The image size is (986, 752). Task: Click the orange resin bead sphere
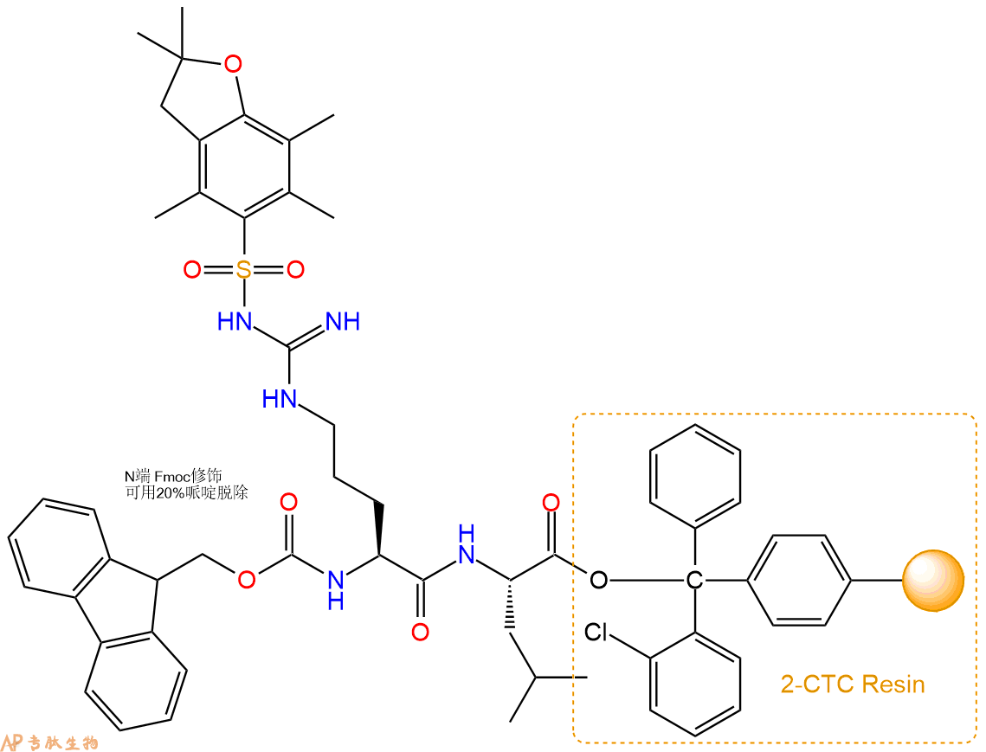(933, 581)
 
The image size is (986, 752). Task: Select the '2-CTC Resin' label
(853, 684)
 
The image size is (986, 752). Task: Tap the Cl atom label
(596, 632)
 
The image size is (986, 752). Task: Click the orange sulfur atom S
(244, 270)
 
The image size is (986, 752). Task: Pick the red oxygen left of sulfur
(192, 270)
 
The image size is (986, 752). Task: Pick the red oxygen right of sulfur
(295, 270)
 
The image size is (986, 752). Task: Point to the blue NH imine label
(344, 322)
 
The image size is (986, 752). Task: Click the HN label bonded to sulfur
(235, 322)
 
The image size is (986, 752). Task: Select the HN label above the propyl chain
(280, 399)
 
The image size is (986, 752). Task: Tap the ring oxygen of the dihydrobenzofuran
(233, 63)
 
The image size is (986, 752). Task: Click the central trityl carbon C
(694, 580)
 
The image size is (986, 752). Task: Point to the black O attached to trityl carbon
(599, 580)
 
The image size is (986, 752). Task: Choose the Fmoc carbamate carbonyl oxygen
(288, 503)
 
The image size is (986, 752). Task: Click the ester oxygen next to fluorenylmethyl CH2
(247, 580)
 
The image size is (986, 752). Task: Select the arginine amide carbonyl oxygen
(420, 631)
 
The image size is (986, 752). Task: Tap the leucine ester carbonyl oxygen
(551, 503)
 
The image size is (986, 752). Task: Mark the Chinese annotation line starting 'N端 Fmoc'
(173, 477)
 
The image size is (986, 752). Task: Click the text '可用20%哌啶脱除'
(187, 492)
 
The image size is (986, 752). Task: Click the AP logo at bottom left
(13, 742)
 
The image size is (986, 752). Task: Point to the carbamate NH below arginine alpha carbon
(336, 589)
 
